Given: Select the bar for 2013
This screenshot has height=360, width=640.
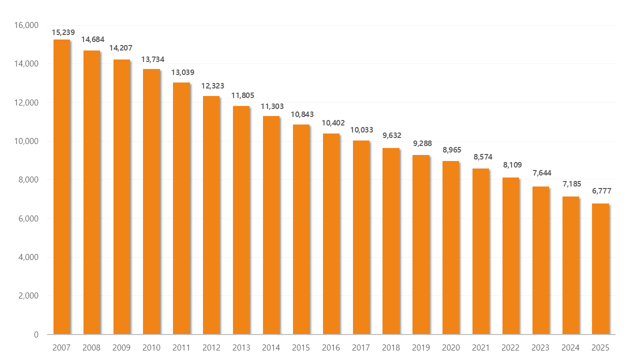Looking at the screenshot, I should point(241,220).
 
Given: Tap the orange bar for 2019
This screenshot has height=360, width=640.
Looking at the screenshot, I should point(421,244).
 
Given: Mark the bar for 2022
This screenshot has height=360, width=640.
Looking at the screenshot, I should point(510,255).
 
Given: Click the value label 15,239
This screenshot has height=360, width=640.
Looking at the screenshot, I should point(63,32).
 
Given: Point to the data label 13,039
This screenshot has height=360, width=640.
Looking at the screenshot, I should point(183,72).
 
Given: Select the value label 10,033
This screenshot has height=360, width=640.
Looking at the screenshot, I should point(362,130).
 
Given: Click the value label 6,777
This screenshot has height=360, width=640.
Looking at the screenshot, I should point(601,191).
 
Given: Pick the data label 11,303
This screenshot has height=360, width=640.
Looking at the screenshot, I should point(272,106).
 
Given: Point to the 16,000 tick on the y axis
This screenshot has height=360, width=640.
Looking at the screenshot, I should point(27,25).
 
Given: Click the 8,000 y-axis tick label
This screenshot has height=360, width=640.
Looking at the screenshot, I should point(29,179).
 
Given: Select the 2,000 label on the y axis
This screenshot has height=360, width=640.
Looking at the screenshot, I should point(29,295).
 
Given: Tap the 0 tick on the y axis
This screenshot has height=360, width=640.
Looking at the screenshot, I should point(36,334).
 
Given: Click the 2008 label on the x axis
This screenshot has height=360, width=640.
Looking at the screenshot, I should point(91,347).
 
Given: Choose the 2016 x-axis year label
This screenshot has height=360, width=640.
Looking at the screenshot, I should point(331,347).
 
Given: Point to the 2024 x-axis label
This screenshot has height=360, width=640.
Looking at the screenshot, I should point(570,347).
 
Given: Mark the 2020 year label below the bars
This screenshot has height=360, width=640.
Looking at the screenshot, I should point(451,347).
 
